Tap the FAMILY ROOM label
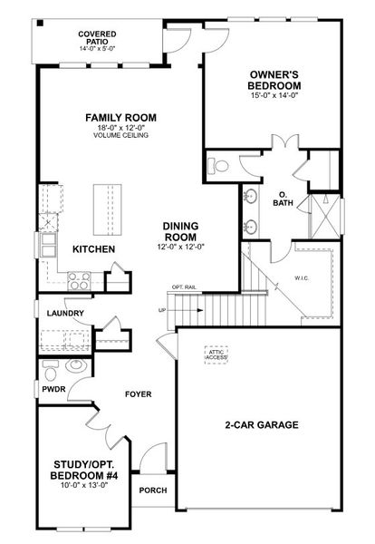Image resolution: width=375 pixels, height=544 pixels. tap(120, 118)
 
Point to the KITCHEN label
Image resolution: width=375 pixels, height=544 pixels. tap(93, 248)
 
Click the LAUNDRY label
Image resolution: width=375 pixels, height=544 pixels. tap(66, 314)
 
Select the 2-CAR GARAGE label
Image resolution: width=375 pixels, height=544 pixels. tap(262, 424)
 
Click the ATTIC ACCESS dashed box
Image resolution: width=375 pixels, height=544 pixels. tap(216, 354)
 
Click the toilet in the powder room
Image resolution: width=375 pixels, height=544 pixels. tap(53, 369)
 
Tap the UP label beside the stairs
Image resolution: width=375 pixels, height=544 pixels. tap(162, 310)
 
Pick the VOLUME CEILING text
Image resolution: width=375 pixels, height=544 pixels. tap(120, 136)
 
